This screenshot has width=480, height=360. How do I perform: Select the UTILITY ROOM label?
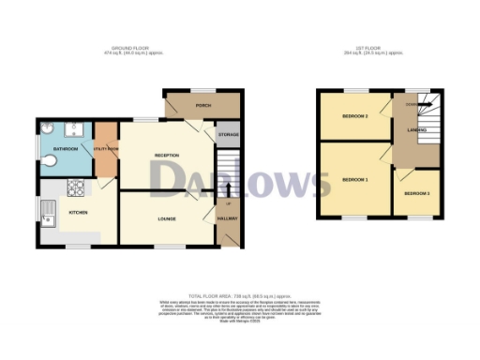105,149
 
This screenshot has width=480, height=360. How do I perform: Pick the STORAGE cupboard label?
228,136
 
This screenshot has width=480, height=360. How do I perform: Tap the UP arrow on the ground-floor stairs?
228,202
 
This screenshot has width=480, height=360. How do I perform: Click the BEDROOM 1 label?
353,179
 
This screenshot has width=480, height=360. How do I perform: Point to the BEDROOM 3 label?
353,116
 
